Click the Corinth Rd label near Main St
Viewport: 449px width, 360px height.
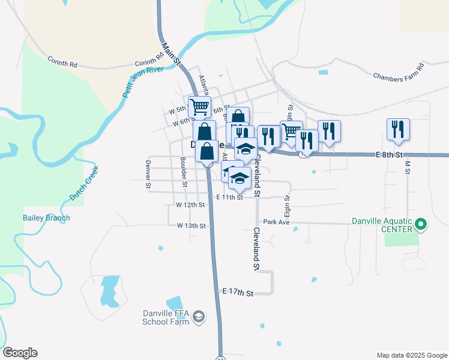tap(149, 62)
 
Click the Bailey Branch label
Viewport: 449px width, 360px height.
tap(46, 218)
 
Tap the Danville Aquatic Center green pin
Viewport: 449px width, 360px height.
tap(421, 225)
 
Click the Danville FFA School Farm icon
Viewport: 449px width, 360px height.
tap(200, 316)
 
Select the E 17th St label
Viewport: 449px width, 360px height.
tap(238, 293)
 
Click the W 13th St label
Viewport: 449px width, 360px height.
tap(191, 226)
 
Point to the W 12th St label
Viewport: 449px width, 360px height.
tap(191, 205)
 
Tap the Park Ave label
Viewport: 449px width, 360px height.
tap(276, 221)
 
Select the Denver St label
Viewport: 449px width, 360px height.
tap(148, 174)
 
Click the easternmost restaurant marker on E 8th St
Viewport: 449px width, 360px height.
tap(398, 130)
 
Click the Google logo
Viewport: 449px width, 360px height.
tap(20, 353)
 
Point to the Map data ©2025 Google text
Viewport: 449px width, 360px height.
tap(411, 355)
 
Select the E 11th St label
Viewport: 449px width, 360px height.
tap(229, 197)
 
